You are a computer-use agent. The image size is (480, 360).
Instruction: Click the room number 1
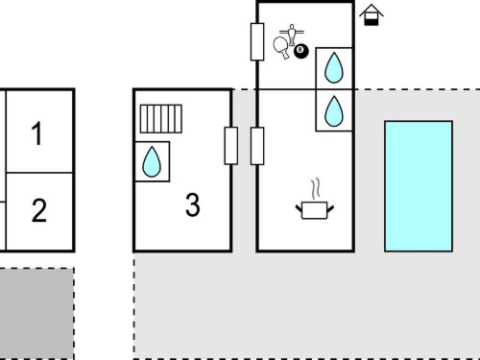point(36,133)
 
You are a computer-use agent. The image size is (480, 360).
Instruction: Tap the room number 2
point(39,210)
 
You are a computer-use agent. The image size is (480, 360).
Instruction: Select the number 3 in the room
point(193,204)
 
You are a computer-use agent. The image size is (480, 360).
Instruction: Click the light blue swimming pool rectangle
point(419,186)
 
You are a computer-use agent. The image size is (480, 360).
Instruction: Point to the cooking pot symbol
point(315,210)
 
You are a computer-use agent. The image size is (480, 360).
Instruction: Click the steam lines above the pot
point(316,188)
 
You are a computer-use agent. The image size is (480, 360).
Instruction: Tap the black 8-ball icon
point(301,51)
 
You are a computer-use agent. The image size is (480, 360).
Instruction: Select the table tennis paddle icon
point(281,47)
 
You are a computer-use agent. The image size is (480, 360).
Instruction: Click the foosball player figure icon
point(292,35)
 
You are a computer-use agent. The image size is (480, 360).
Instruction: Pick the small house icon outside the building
point(372,14)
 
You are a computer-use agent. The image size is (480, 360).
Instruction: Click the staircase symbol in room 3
point(161,119)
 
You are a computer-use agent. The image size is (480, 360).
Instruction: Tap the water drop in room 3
point(152,161)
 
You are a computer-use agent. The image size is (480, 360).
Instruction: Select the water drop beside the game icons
point(334,67)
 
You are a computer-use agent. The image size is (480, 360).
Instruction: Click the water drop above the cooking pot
point(334,110)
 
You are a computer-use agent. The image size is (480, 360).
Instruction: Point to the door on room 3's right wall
point(231,146)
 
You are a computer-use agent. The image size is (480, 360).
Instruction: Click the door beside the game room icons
point(257,41)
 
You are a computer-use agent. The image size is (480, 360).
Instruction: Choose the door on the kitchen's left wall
point(257,146)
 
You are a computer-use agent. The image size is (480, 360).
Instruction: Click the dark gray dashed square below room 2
point(36,314)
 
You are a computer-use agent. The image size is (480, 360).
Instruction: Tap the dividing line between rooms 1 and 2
point(39,173)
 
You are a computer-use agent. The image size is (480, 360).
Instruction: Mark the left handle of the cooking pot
point(299,208)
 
